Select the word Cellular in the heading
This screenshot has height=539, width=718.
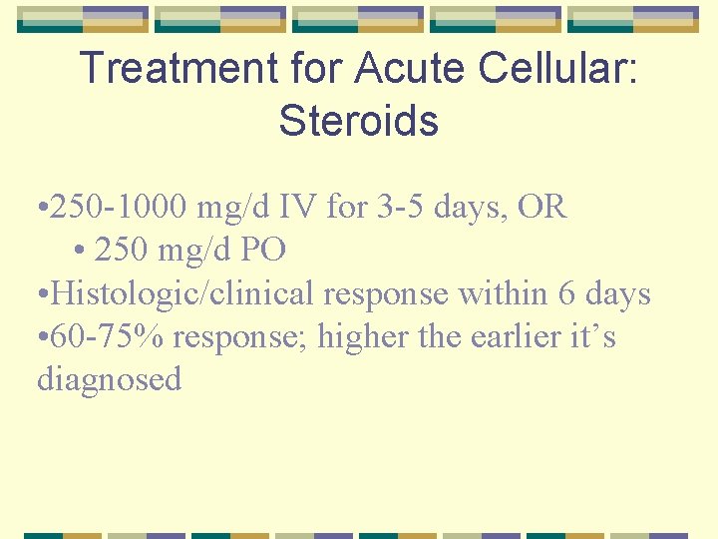[561, 68]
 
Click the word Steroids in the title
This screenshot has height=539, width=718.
[359, 121]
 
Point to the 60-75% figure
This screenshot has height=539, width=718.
[108, 336]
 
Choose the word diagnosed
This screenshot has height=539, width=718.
[110, 379]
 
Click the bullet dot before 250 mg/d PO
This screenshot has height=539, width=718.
[80, 251]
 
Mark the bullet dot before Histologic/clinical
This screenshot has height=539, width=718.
[42, 294]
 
